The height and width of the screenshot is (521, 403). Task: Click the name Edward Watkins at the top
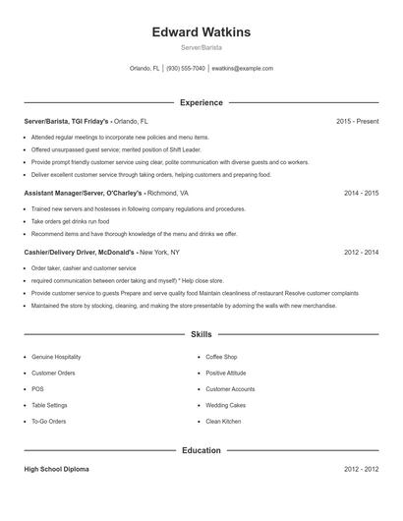(x=201, y=32)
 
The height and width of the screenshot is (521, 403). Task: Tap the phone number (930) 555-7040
(x=186, y=69)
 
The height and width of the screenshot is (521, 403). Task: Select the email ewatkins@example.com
(x=243, y=69)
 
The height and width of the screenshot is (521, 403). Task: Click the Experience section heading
(x=201, y=102)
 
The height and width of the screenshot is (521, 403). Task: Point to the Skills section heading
(x=201, y=335)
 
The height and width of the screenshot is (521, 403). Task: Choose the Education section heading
(x=201, y=450)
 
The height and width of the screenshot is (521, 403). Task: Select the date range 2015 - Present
(x=357, y=121)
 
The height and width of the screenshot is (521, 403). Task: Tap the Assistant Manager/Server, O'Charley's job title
(x=84, y=194)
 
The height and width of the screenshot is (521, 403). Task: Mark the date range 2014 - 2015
(x=361, y=194)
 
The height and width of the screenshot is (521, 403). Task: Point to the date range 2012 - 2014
(x=361, y=252)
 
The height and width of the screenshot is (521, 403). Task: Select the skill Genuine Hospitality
(x=56, y=357)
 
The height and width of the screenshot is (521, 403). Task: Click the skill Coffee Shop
(x=221, y=357)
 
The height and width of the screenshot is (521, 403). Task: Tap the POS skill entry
(x=36, y=389)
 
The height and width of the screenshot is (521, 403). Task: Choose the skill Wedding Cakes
(x=225, y=405)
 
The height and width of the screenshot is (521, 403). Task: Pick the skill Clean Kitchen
(x=223, y=422)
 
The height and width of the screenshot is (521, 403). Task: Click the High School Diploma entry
(x=56, y=470)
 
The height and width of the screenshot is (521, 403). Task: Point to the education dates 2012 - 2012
(x=361, y=470)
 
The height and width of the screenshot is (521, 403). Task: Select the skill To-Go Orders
(x=48, y=422)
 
